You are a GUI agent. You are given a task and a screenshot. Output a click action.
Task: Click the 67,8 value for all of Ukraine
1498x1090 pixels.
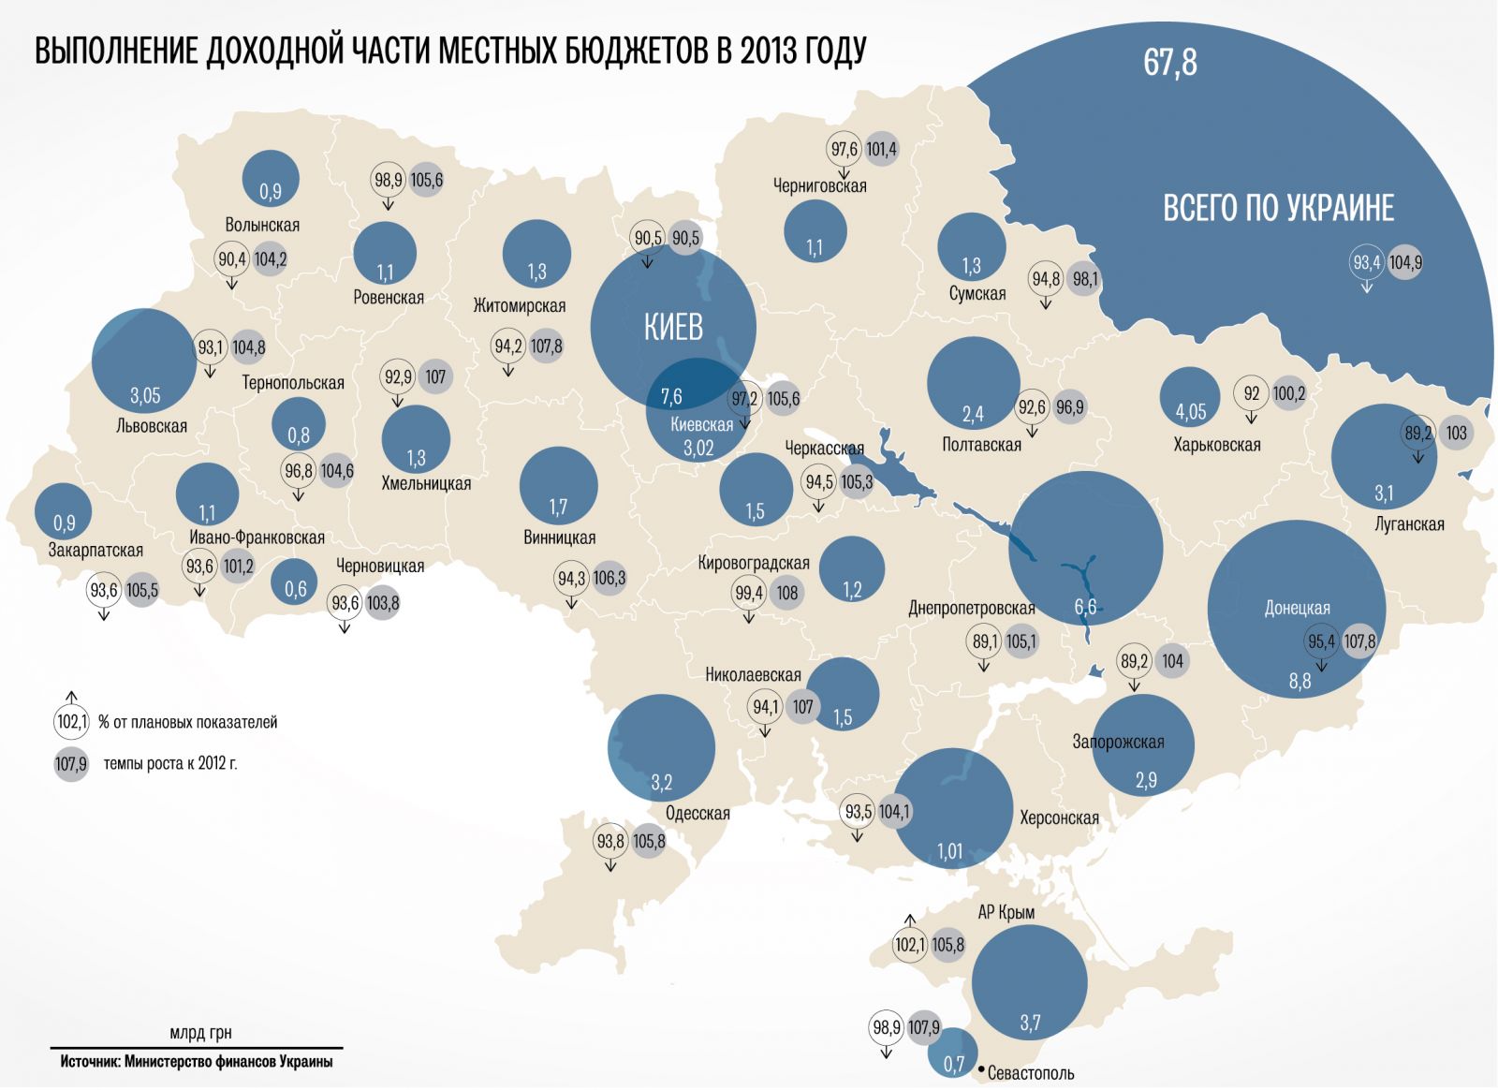tap(1170, 63)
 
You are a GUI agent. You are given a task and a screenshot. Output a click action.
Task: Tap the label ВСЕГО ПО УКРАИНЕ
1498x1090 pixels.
tap(1278, 207)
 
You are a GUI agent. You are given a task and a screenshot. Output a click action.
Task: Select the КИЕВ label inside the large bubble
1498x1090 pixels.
tap(673, 327)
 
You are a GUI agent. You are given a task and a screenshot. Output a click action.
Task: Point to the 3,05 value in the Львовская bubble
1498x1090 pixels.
tap(145, 396)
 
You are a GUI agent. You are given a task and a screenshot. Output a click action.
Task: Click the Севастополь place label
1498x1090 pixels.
tap(1031, 1073)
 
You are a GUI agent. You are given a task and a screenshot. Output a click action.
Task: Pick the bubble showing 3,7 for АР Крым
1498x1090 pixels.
tap(1029, 983)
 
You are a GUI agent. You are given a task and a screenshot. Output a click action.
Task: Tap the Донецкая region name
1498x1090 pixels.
tap(1297, 609)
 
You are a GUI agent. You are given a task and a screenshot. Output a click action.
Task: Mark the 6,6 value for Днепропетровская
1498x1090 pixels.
tap(1085, 607)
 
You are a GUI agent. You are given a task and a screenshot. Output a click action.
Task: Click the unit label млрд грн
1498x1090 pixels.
tap(200, 1033)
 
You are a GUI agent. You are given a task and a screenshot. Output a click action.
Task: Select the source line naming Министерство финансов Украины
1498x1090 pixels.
tap(197, 1062)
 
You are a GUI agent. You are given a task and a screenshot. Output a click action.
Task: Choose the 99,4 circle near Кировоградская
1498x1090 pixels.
tap(749, 593)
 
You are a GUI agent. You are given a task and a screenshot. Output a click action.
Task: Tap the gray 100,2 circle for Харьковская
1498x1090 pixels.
tap(1288, 394)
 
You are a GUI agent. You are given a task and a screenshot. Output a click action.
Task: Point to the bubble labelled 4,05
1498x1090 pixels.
tap(1190, 399)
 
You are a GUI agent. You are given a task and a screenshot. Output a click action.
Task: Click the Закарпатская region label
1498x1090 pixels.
tap(95, 551)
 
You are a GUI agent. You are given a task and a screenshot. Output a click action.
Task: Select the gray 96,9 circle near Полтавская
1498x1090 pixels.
tap(1069, 407)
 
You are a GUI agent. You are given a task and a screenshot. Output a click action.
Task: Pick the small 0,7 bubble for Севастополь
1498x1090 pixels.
tap(952, 1053)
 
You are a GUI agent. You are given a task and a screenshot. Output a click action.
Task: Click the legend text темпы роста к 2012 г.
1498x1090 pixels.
tap(170, 763)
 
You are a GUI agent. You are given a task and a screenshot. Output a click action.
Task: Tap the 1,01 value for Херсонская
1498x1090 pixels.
tap(950, 851)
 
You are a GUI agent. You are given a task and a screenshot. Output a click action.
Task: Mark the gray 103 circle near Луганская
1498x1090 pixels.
tap(1456, 434)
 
